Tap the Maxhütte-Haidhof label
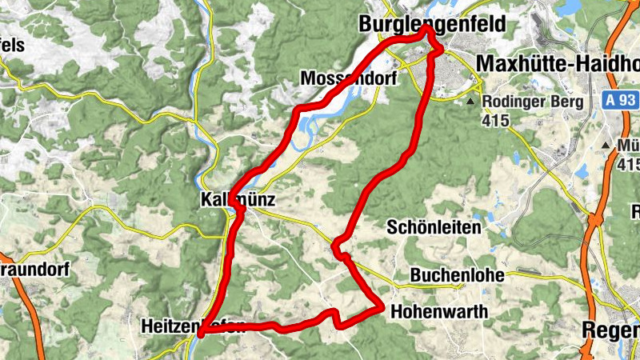(x=557, y=62)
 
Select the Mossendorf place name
(x=348, y=78)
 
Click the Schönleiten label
(x=434, y=227)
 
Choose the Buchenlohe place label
(x=457, y=275)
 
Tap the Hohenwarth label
(x=439, y=312)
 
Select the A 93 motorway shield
(x=618, y=101)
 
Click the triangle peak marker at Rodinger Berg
(x=471, y=102)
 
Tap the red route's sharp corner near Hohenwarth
(x=382, y=306)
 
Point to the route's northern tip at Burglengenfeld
(x=428, y=28)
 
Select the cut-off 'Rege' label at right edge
(x=611, y=330)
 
